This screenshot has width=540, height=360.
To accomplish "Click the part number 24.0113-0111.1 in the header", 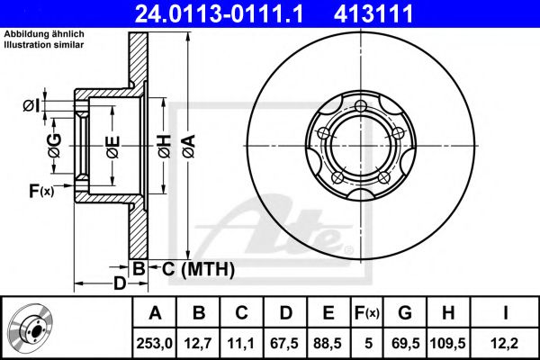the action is tap(219, 13).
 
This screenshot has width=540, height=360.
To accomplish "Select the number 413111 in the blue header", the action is tap(373, 13).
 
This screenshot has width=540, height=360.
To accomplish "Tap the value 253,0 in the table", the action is tap(154, 343).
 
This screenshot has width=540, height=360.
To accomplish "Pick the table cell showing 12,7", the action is tap(198, 343).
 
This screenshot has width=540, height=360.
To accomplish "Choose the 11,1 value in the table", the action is tap(241, 343).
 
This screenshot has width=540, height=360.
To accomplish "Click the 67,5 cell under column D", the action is tap(284, 343).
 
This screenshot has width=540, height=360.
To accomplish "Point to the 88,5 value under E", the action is tap(328, 343).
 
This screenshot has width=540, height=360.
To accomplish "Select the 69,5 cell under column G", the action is tap(406, 343).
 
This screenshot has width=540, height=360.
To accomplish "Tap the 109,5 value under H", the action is tap(447, 343).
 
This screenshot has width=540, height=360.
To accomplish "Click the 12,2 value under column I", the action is tap(505, 343).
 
